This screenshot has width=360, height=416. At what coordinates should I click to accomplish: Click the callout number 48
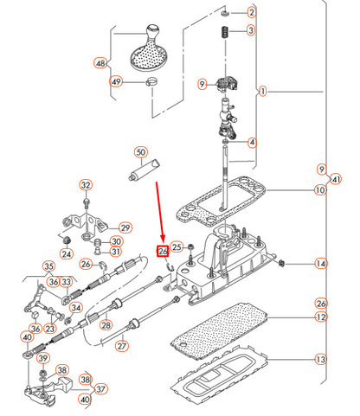100,63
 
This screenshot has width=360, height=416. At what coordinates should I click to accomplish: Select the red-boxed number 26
163,251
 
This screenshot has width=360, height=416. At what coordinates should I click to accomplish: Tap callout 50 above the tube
141,152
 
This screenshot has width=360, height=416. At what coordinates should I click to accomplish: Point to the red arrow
159,213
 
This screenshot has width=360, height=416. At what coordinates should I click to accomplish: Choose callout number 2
252,12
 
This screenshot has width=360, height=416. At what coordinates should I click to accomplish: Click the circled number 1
262,92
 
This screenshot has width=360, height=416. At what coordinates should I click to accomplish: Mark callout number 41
335,179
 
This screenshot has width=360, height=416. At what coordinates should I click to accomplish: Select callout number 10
320,190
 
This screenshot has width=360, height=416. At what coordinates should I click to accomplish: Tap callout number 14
321,264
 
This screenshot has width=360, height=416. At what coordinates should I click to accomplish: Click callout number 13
321,359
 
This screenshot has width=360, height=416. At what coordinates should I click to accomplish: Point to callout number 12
321,317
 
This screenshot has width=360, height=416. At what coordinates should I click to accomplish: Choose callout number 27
122,346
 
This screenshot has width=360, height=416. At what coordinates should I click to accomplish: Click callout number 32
86,185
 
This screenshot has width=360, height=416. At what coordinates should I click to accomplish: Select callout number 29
125,227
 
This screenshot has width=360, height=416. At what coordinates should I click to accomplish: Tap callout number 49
116,81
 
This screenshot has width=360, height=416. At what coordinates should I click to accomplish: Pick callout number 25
177,247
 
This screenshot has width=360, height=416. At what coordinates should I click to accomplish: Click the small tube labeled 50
145,170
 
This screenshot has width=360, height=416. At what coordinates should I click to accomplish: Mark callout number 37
100,389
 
